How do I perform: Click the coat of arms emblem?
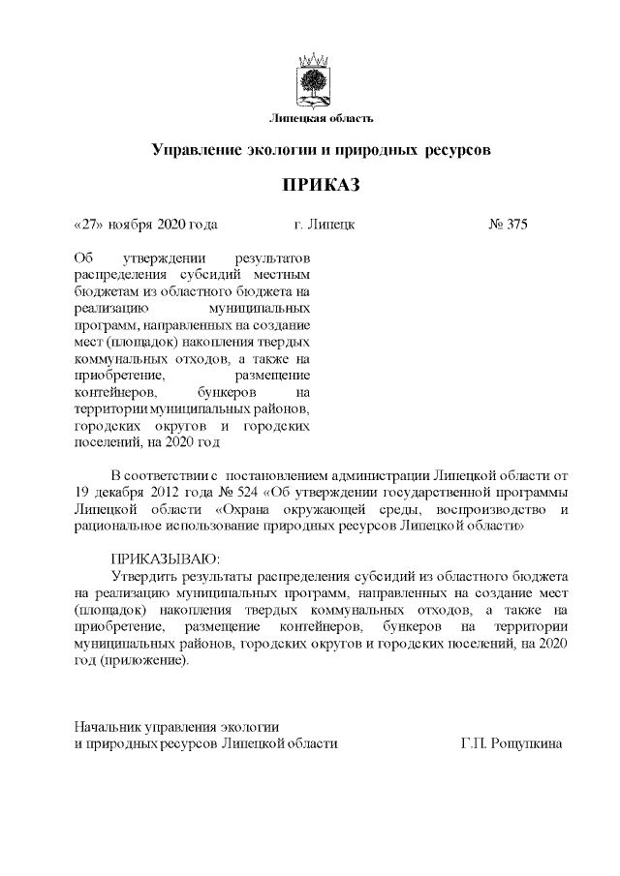coord(311,82)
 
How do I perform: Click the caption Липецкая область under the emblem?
coord(310,119)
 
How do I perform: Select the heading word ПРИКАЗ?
coord(310,185)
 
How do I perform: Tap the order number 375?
coord(515,225)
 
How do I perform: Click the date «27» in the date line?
coord(88,225)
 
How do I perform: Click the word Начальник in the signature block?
coord(108,726)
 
